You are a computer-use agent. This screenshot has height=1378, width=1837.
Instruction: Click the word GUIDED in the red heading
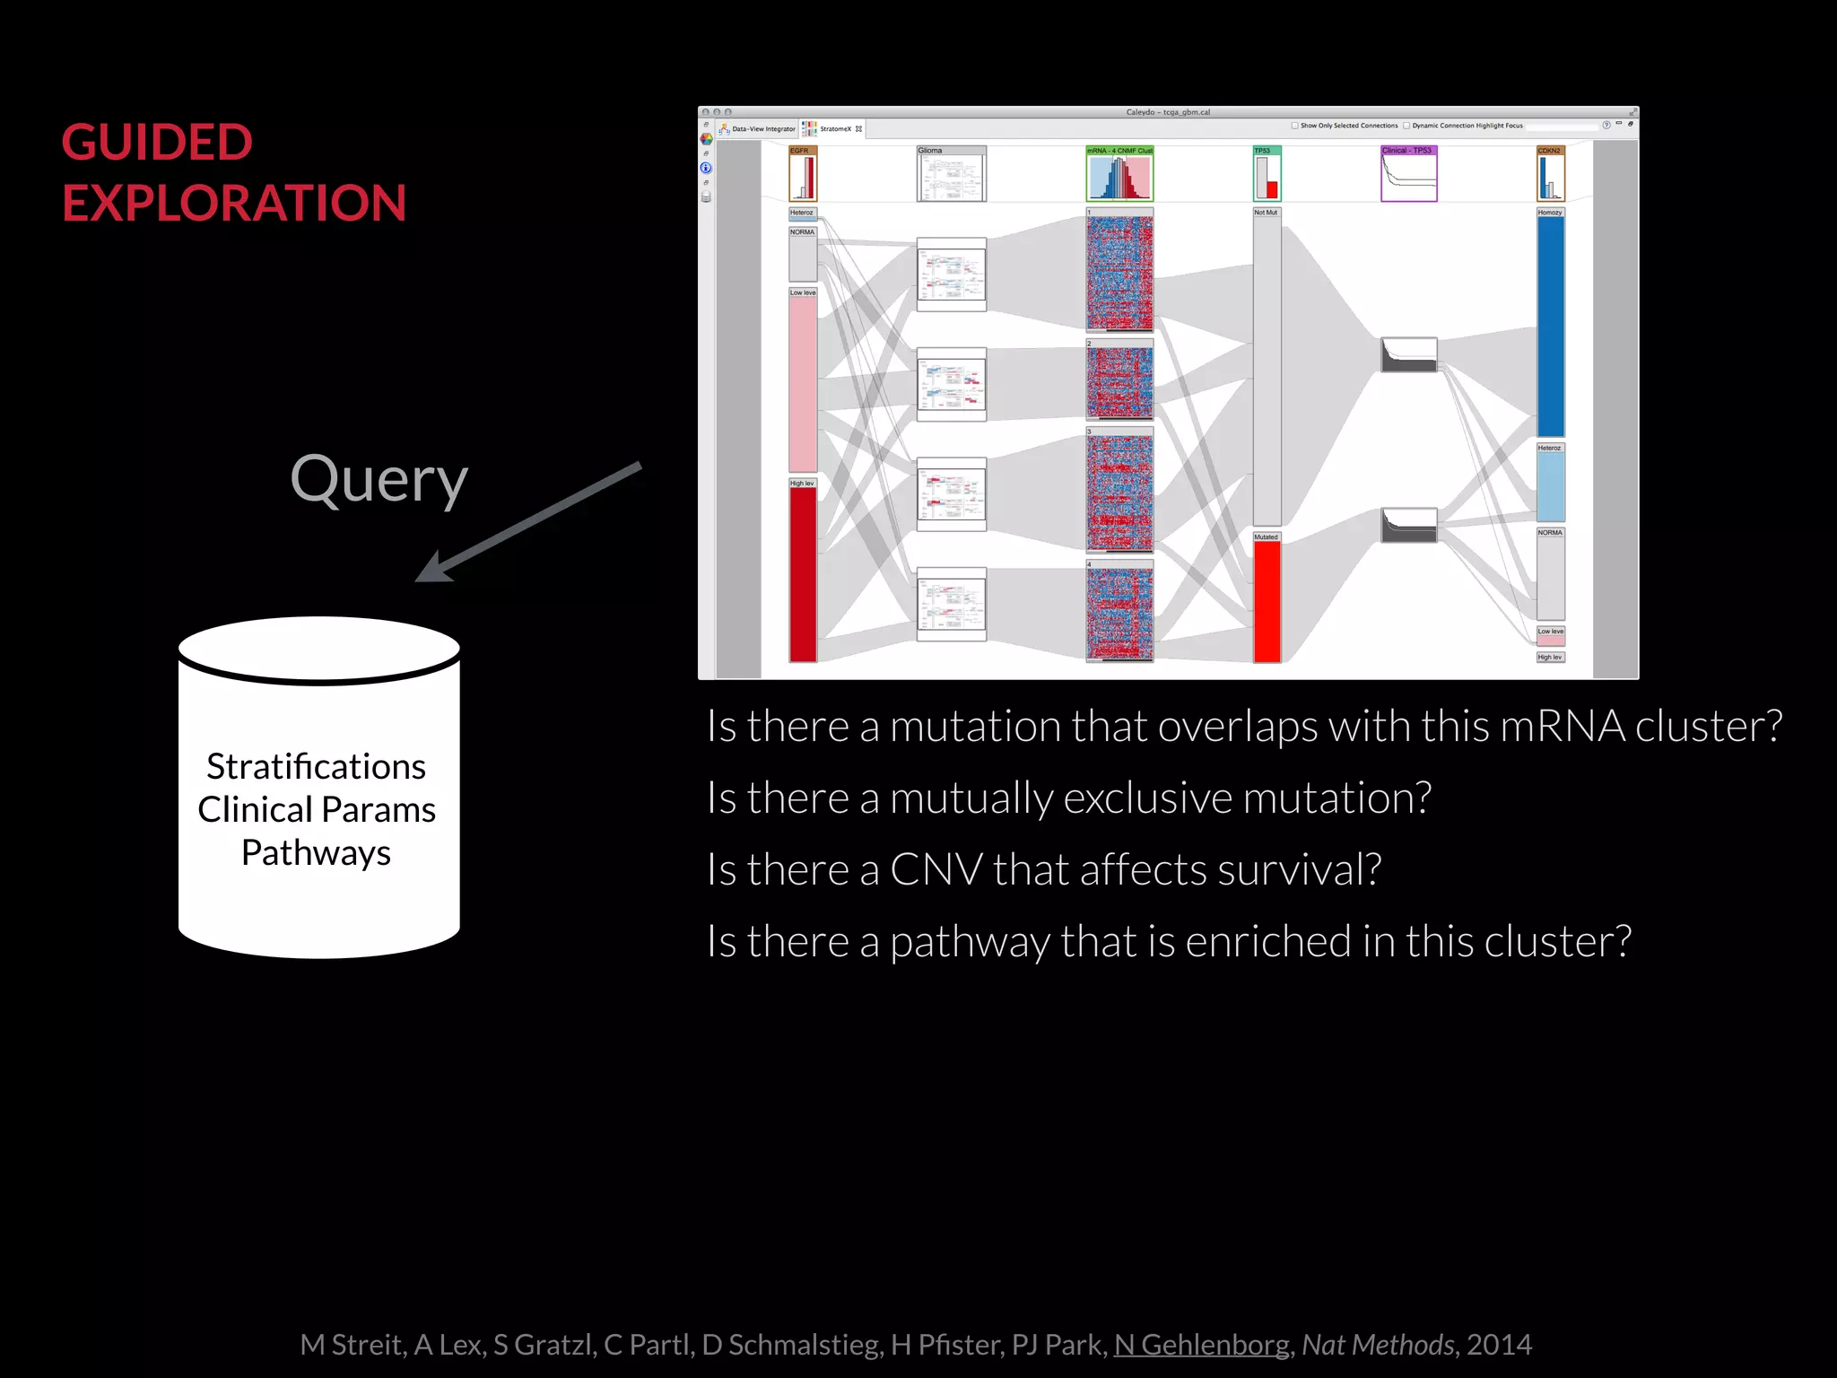pyautogui.click(x=157, y=143)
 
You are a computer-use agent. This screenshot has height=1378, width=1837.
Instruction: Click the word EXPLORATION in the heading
pyautogui.click(x=234, y=204)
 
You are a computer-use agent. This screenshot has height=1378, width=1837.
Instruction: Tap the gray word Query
pyautogui.click(x=379, y=480)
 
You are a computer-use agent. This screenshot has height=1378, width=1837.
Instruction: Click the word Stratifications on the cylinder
pyautogui.click(x=316, y=767)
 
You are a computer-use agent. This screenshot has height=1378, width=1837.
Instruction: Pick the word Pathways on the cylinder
pyautogui.click(x=316, y=852)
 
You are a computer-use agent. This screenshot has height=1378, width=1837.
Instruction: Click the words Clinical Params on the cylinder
pyautogui.click(x=316, y=810)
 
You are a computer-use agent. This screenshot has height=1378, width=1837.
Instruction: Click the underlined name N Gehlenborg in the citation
pyautogui.click(x=1201, y=1344)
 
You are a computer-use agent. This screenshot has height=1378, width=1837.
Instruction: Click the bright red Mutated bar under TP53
pyautogui.click(x=1267, y=601)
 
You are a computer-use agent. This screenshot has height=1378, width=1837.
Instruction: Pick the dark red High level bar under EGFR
pyautogui.click(x=803, y=574)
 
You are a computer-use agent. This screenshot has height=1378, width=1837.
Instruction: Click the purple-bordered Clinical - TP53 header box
pyautogui.click(x=1408, y=174)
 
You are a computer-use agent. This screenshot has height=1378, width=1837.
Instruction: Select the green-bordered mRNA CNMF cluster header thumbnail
pyautogui.click(x=1119, y=174)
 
